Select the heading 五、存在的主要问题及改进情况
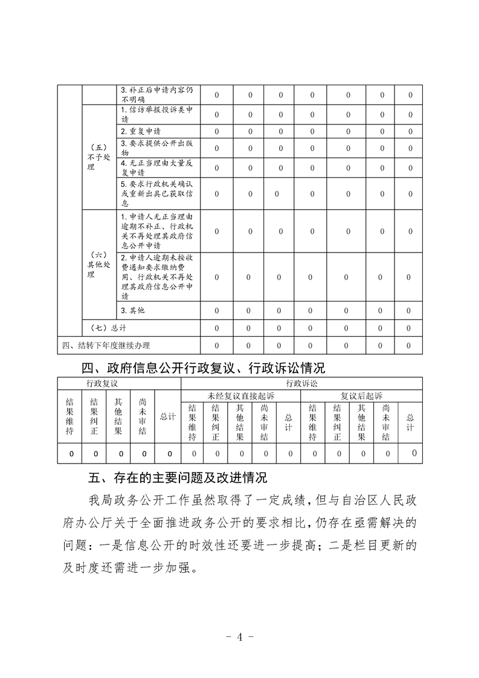point(178,479)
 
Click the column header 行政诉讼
point(301,384)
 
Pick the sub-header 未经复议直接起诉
point(240,396)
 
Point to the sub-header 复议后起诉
point(361,396)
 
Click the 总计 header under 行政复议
point(167,416)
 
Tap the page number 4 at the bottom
point(240,637)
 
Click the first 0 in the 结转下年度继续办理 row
point(217,345)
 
